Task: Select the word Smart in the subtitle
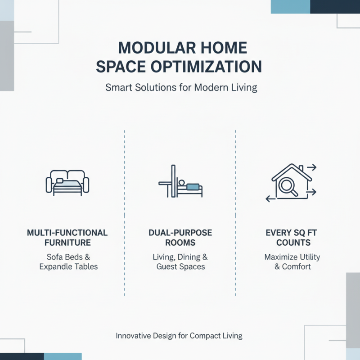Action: pos(118,87)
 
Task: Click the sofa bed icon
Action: pos(67,183)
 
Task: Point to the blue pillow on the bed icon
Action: pos(193,186)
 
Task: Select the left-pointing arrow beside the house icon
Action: pos(269,198)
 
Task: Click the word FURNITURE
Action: pos(67,243)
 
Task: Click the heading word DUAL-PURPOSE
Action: pos(180,233)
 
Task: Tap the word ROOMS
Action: pos(180,243)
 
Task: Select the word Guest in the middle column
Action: pos(166,266)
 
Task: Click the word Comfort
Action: pos(297,266)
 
